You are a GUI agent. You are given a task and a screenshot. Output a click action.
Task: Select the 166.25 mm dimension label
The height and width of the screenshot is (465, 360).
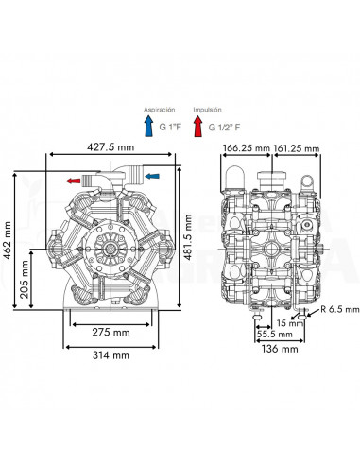[247, 147]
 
